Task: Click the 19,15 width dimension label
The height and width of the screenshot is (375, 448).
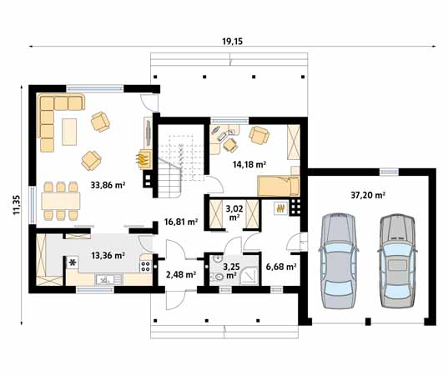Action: click(x=232, y=42)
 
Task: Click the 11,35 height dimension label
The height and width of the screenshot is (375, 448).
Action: click(x=16, y=205)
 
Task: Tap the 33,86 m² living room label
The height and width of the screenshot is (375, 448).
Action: click(x=108, y=185)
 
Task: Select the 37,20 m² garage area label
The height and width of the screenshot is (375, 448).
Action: click(x=368, y=195)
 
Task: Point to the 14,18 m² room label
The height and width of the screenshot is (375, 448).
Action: click(x=249, y=164)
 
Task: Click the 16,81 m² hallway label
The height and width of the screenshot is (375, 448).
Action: click(x=181, y=222)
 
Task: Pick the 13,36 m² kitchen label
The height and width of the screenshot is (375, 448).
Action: click(x=108, y=255)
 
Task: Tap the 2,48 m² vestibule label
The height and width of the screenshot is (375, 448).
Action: click(x=181, y=275)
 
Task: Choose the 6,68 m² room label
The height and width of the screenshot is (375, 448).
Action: click(x=281, y=267)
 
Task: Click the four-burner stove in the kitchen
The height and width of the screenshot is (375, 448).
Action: click(x=145, y=266)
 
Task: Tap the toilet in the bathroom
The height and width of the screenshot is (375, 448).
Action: click(x=218, y=277)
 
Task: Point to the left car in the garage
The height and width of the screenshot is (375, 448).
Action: click(x=339, y=261)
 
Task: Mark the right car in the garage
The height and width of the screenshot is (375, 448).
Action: click(x=397, y=261)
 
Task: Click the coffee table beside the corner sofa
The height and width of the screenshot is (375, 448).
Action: click(x=69, y=132)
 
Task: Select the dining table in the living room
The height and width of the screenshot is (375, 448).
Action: click(x=61, y=201)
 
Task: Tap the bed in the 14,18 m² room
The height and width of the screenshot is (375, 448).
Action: click(x=279, y=186)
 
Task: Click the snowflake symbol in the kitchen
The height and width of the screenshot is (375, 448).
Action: click(x=73, y=262)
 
